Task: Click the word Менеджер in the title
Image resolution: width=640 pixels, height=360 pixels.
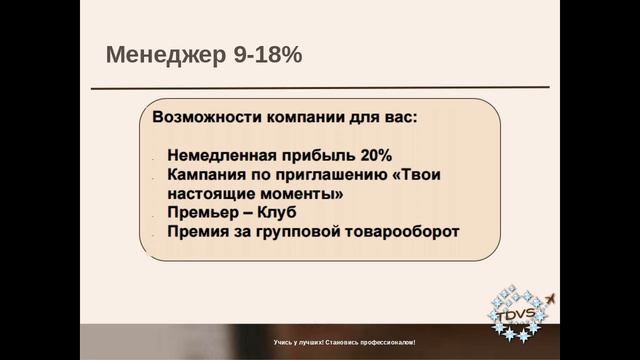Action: pos(159,55)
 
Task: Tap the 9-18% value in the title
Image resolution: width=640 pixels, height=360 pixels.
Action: pos(260,55)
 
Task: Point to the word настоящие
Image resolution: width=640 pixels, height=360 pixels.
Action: pos(210,194)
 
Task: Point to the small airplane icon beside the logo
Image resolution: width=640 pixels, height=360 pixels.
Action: pos(551,299)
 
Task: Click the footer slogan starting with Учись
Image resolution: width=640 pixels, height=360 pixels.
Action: pos(344,343)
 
